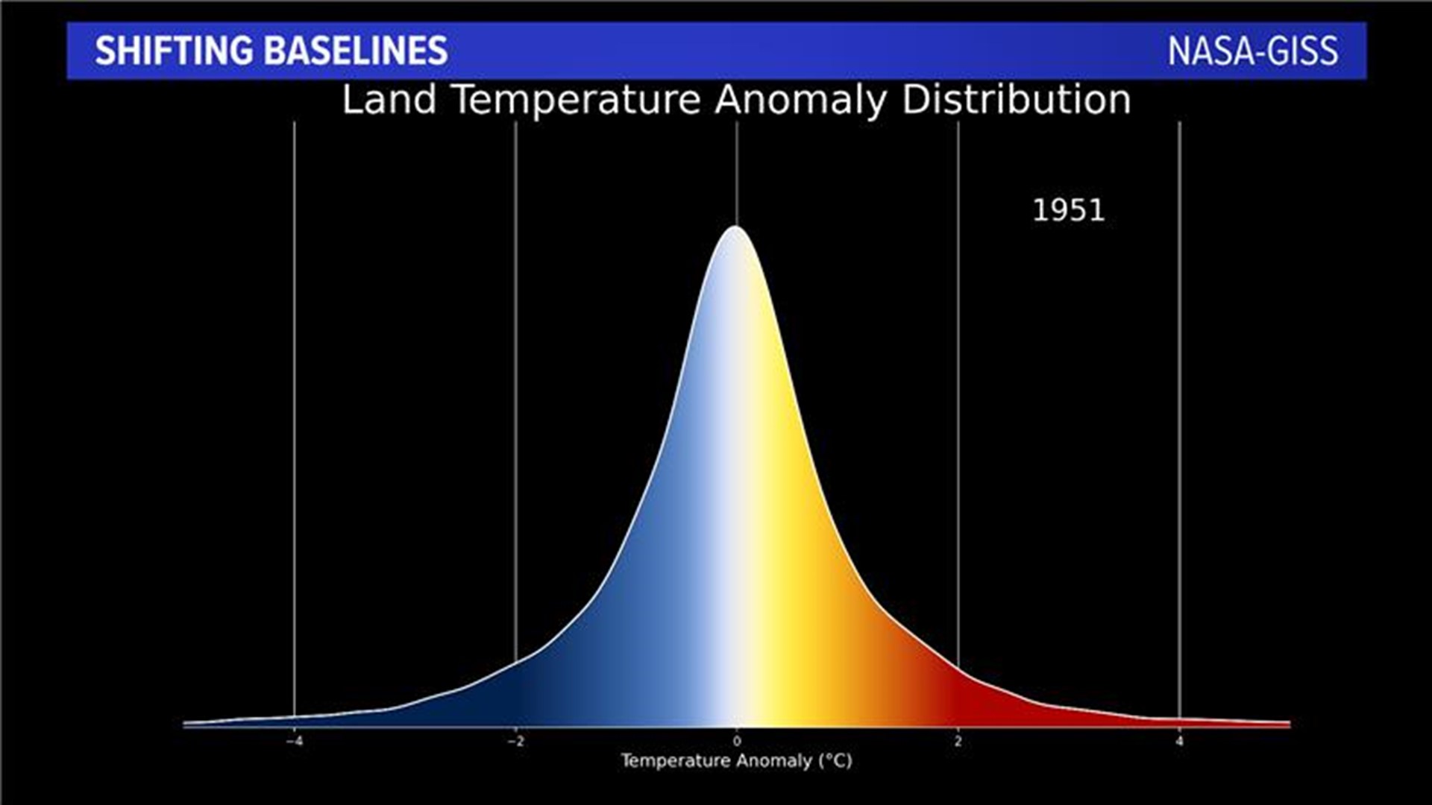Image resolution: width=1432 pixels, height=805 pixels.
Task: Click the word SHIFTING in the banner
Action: pos(175,51)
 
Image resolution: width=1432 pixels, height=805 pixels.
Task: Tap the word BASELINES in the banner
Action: pos(355,51)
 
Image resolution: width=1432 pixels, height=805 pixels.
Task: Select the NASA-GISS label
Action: pos(1252,51)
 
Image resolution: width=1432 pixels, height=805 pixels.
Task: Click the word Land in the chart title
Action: pos(389,100)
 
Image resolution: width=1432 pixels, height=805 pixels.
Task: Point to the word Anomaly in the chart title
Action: pos(800,100)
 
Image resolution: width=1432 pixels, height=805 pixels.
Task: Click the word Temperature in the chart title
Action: pos(577,100)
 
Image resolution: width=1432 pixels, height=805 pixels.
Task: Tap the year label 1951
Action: pos(1068,211)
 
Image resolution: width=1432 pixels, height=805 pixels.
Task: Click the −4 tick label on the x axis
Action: pos(294,742)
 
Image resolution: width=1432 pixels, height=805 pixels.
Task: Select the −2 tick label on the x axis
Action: pos(515,742)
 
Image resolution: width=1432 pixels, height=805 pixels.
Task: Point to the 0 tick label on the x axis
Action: pos(737,742)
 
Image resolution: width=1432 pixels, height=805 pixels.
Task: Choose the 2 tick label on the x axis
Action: pos(958,742)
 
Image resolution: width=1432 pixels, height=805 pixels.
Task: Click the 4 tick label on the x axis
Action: pos(1179,742)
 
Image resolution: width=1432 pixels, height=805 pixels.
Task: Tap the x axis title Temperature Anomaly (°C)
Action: pos(736,761)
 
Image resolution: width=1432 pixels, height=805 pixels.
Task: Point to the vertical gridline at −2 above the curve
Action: pos(515,373)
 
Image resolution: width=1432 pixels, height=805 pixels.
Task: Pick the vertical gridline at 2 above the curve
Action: pos(958,373)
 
